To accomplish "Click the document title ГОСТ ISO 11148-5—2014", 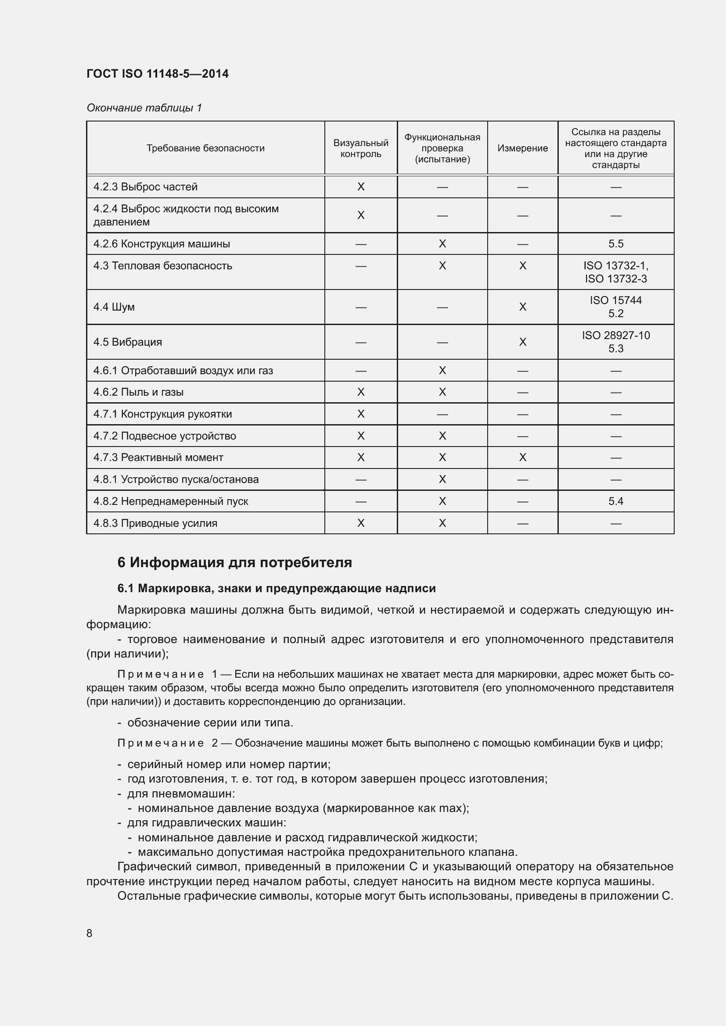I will tap(158, 74).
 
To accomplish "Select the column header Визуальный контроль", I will tap(361, 148).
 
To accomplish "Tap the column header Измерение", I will tap(522, 148).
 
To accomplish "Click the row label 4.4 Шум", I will tap(114, 307).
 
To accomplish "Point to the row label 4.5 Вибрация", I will tap(127, 342).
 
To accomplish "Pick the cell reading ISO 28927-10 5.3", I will tap(615, 342).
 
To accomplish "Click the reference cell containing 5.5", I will tap(615, 244).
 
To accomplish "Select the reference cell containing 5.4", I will tap(615, 501).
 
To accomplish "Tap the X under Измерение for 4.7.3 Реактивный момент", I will tap(523, 458).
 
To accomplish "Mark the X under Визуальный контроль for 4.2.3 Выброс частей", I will tap(361, 187).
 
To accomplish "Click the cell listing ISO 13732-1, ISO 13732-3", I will tap(615, 272).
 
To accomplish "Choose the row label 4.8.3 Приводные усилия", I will tap(155, 523).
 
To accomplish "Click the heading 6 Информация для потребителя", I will tap(235, 563).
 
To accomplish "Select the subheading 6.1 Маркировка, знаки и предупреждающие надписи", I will tap(276, 589).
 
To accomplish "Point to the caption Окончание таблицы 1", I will tap(144, 108).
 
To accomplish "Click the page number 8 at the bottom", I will tap(90, 933).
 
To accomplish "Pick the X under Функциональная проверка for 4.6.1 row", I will tap(442, 371).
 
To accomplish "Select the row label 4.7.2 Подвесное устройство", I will tap(165, 436).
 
